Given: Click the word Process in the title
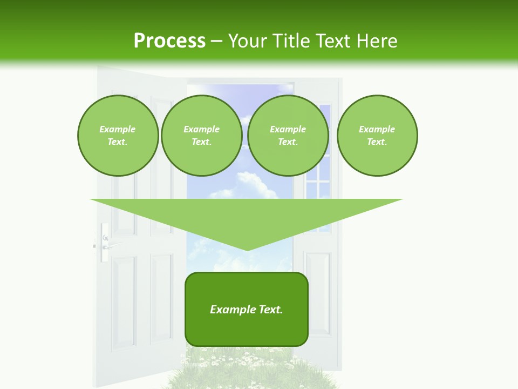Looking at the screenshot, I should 169,41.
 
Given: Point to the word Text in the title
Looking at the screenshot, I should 334,41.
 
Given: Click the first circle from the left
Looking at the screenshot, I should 118,136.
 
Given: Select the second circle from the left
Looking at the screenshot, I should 201,136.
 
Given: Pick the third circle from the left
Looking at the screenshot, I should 288,136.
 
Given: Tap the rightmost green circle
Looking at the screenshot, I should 377,136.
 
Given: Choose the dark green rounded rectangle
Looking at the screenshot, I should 247,330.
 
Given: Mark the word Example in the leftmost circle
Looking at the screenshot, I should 118,129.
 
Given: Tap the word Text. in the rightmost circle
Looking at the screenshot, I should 377,142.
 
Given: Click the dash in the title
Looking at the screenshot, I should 216,41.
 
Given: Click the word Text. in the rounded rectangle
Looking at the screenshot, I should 271,310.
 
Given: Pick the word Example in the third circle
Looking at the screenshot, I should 288,129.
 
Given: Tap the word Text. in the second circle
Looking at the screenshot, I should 201,142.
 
